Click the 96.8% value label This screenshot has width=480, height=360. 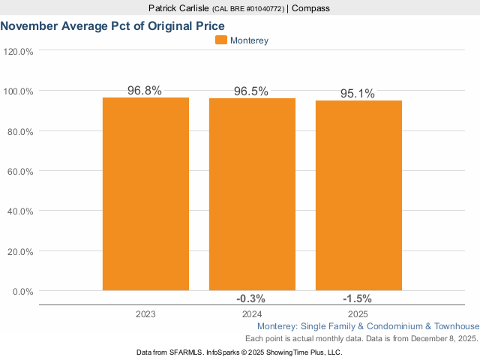(x=145, y=91)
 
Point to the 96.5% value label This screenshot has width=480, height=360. (x=251, y=91)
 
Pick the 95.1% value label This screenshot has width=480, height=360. (x=357, y=94)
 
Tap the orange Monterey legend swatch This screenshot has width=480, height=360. (x=220, y=40)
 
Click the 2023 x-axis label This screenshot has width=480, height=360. (x=145, y=314)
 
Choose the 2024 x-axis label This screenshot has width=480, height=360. (x=252, y=314)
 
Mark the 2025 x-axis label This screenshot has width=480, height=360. (x=358, y=314)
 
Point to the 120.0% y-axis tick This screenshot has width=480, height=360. (x=19, y=52)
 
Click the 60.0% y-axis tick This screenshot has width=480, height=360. (x=20, y=172)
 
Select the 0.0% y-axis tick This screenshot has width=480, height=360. (x=22, y=292)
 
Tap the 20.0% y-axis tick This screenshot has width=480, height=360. (x=20, y=251)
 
